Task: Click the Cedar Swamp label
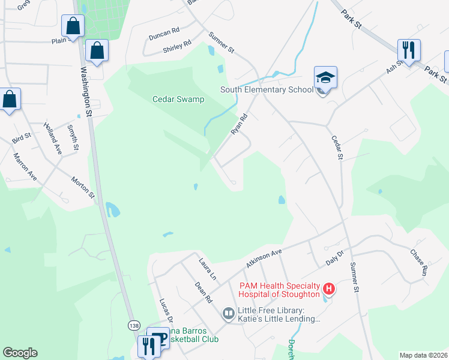pyautogui.click(x=178, y=100)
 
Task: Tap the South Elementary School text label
pyautogui.click(x=267, y=90)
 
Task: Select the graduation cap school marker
pyautogui.click(x=325, y=78)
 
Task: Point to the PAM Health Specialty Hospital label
pyautogui.click(x=279, y=290)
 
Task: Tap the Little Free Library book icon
pyautogui.click(x=228, y=313)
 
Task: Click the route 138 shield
pyautogui.click(x=134, y=325)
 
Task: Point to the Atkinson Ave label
pyautogui.click(x=264, y=257)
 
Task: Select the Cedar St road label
pyautogui.click(x=337, y=148)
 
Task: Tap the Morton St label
pyautogui.click(x=83, y=187)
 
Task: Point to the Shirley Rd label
pyautogui.click(x=176, y=46)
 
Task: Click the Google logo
pyautogui.click(x=20, y=353)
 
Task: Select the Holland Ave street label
pyautogui.click(x=53, y=139)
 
